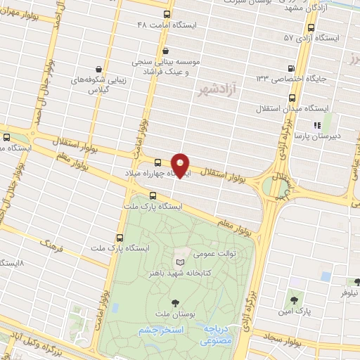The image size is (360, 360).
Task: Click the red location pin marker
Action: point(181,165)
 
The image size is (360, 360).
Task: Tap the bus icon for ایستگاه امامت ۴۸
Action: point(167,14)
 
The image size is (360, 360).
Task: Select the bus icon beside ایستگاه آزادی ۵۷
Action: point(311,27)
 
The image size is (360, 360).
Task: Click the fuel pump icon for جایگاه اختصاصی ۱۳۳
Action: point(292,68)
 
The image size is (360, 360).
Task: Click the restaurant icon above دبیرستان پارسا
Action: point(316,127)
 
